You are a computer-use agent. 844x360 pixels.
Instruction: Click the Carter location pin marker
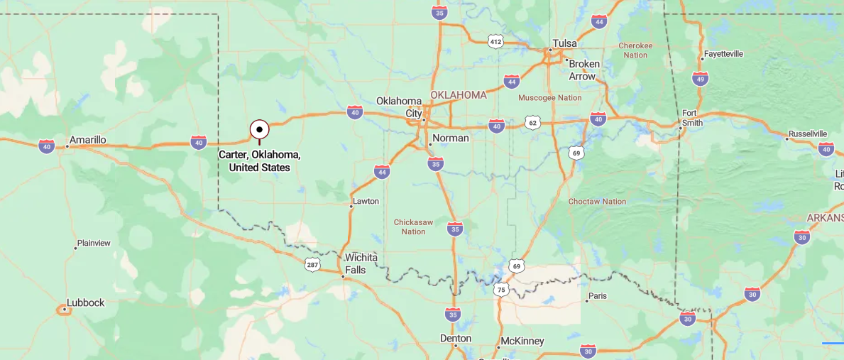click(x=260, y=130)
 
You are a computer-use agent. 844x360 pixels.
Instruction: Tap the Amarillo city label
click(x=88, y=140)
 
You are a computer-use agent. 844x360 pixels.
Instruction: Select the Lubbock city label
click(x=85, y=302)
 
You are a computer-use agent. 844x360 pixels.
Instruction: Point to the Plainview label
click(x=94, y=243)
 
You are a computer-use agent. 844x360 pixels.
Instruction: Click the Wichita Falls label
click(x=361, y=263)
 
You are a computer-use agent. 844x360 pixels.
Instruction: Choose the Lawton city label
click(x=366, y=201)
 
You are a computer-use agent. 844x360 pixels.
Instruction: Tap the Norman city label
click(x=451, y=138)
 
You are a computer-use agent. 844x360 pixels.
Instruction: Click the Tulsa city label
click(x=565, y=43)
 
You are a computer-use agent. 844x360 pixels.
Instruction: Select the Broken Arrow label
click(x=584, y=70)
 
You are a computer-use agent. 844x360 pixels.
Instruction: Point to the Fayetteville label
click(x=723, y=54)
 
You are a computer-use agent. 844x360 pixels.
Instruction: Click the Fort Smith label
click(x=692, y=118)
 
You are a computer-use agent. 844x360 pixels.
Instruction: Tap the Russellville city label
click(x=808, y=133)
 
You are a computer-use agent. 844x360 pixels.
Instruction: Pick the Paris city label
click(x=598, y=296)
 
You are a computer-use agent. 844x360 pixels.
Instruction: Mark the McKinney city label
click(x=522, y=342)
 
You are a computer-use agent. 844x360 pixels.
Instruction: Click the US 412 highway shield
click(x=495, y=42)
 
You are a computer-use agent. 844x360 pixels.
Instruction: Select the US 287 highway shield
click(x=312, y=265)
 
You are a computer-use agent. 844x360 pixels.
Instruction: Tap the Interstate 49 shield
click(x=701, y=79)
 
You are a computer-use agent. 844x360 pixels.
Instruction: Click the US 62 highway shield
click(x=533, y=123)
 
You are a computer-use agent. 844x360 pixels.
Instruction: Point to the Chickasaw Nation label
click(x=413, y=227)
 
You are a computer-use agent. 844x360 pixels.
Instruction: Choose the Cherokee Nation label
click(x=635, y=50)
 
